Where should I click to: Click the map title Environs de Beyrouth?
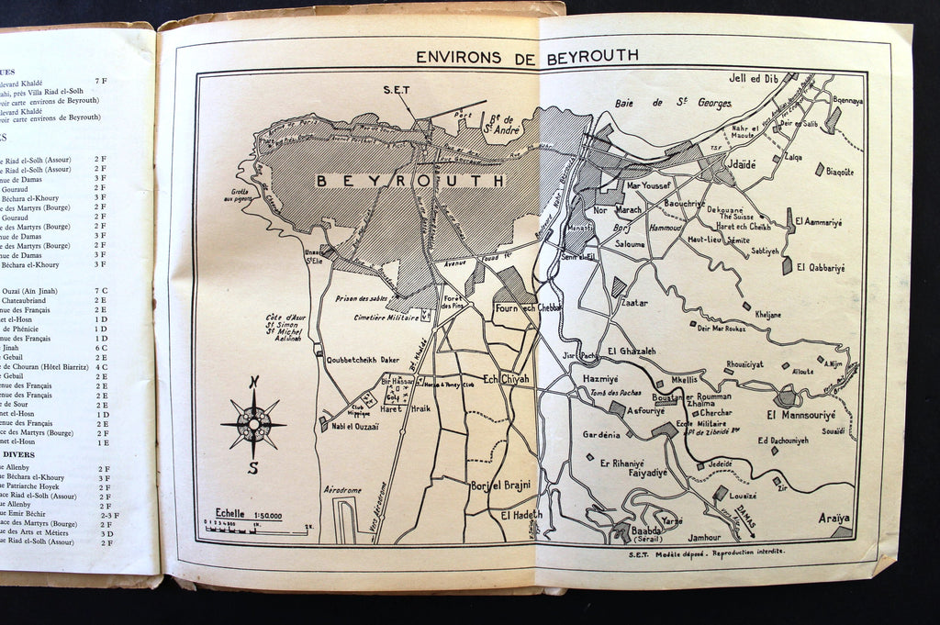tap(527, 56)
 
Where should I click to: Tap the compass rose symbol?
tap(253, 424)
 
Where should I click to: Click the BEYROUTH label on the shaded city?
tap(410, 181)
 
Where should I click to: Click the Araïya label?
tap(834, 519)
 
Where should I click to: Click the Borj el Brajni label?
tap(499, 485)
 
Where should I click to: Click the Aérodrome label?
tap(342, 490)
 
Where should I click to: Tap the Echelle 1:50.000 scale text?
tap(248, 514)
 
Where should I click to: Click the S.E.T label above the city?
tap(396, 90)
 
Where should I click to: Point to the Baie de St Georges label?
tap(673, 103)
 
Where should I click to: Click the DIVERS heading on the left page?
tap(17, 454)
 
